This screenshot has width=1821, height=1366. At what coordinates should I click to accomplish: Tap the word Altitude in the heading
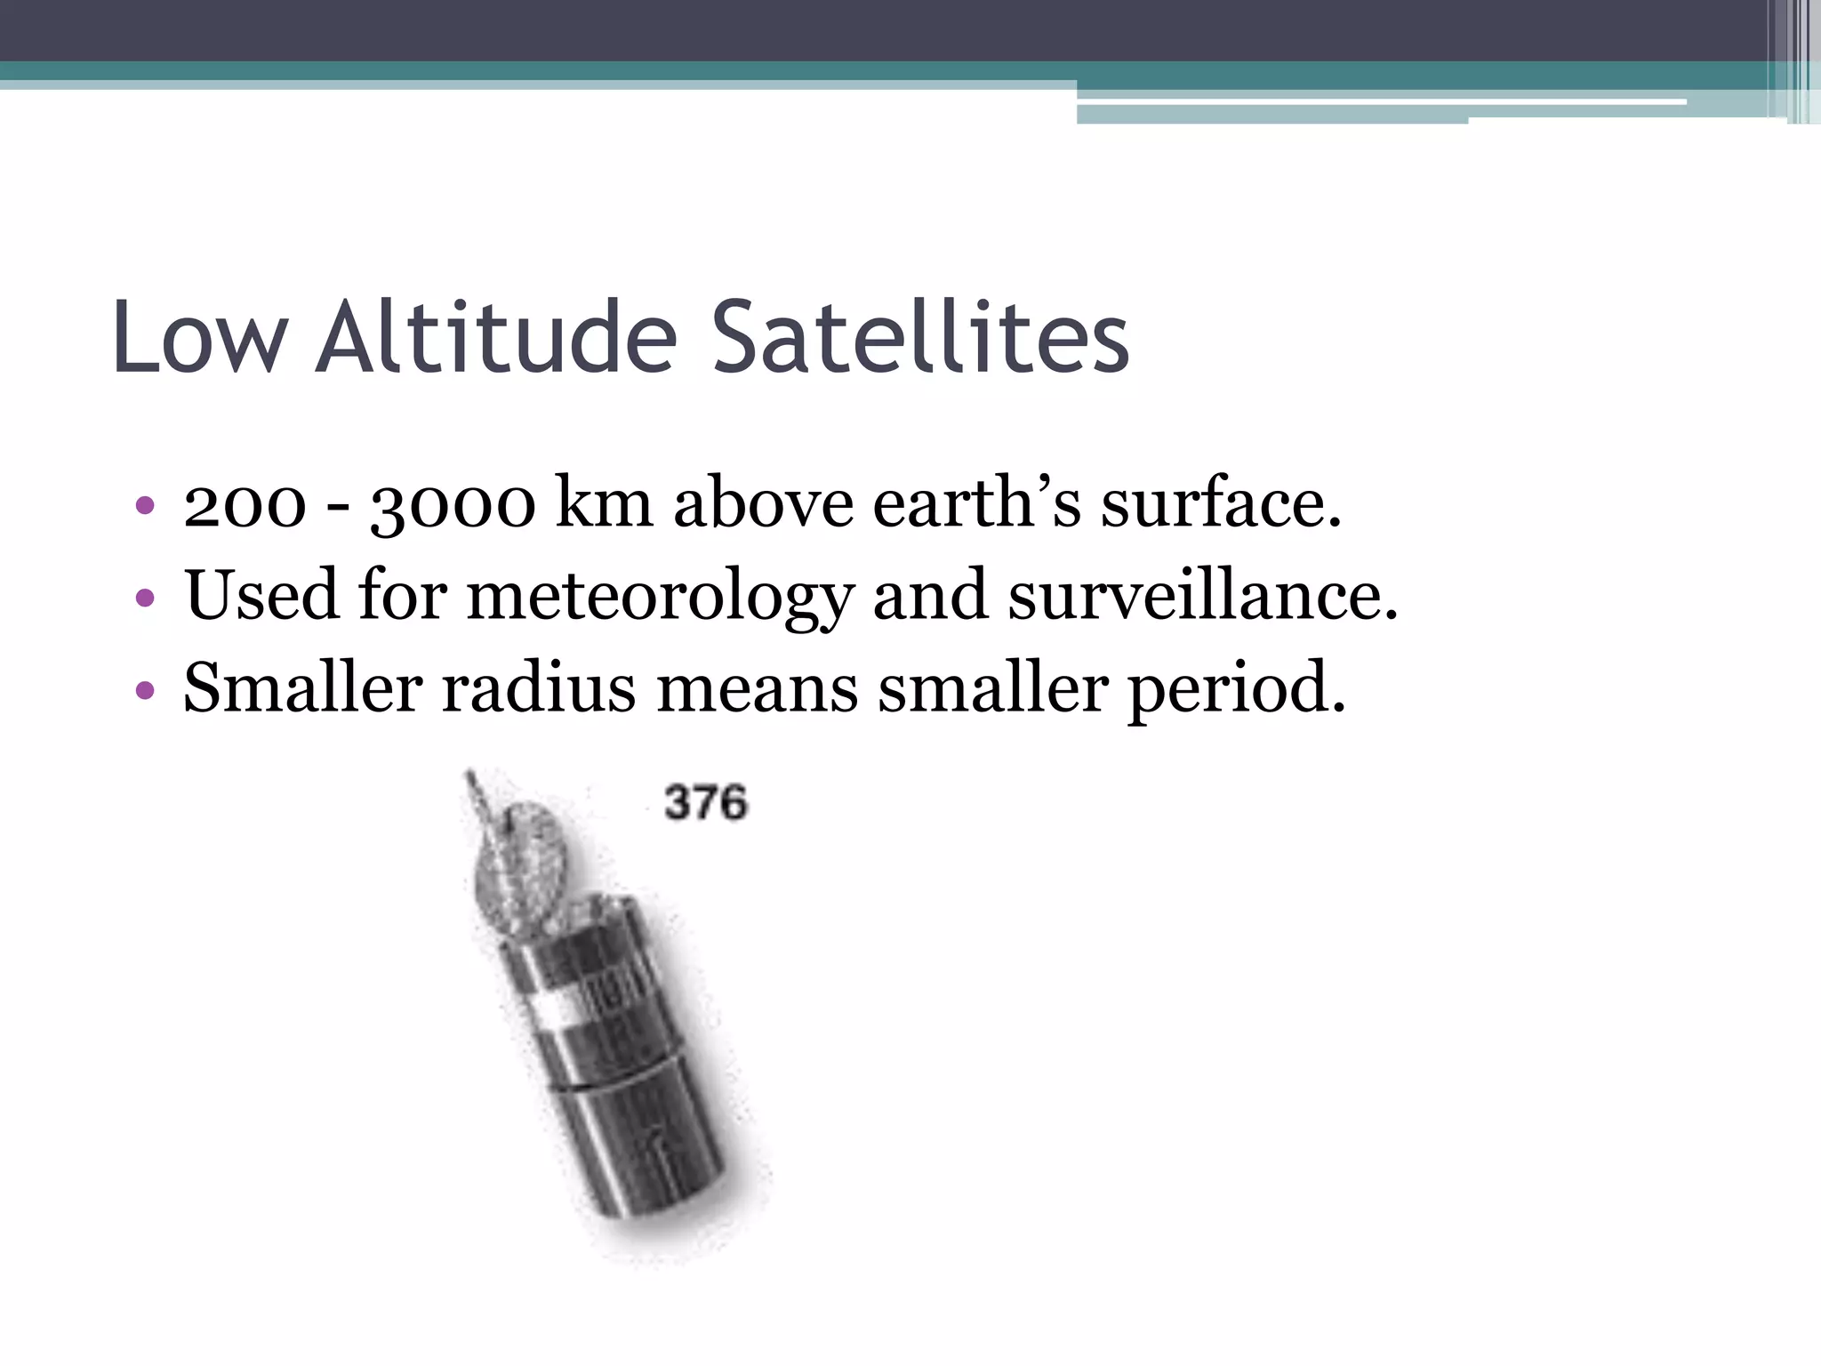click(498, 338)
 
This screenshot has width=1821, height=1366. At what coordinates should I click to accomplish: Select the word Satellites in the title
click(920, 338)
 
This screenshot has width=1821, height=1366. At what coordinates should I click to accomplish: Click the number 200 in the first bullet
click(245, 505)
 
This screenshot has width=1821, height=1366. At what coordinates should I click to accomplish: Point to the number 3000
click(453, 505)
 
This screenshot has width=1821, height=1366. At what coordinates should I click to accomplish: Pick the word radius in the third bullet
click(539, 688)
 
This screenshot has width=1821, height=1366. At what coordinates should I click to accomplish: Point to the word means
click(757, 690)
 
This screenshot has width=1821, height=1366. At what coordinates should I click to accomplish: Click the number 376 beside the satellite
click(706, 803)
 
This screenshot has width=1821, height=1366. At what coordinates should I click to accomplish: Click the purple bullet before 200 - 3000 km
click(145, 507)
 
